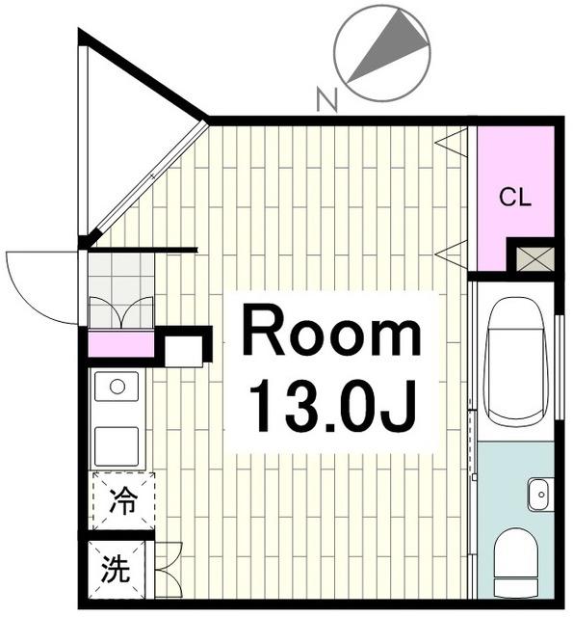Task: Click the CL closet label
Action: click(x=515, y=197)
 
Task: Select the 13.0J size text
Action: click(x=332, y=405)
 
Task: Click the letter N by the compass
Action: click(x=327, y=99)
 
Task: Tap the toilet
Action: click(x=515, y=563)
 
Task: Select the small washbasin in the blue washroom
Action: click(x=540, y=495)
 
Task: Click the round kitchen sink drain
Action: click(x=117, y=387)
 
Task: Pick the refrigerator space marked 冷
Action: click(x=123, y=500)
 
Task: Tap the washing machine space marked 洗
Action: click(x=116, y=569)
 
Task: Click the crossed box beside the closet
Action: click(x=534, y=259)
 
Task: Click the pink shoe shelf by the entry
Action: click(x=120, y=343)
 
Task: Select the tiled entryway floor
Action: click(x=120, y=290)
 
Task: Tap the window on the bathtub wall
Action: click(x=560, y=367)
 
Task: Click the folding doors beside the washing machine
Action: click(x=169, y=569)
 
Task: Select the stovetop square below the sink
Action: click(x=117, y=446)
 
